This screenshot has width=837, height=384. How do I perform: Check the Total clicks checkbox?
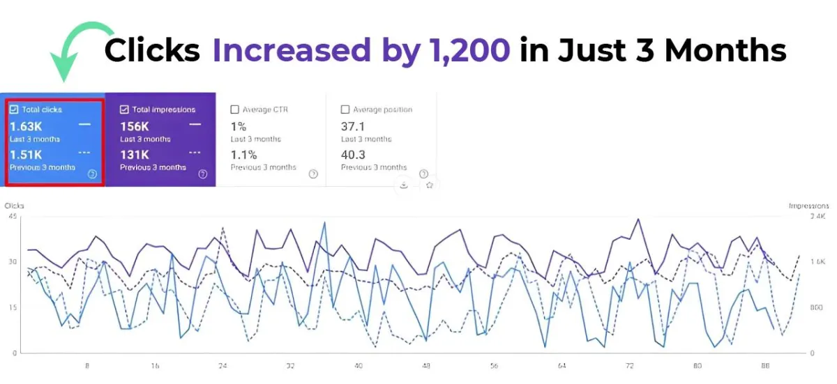[14, 109]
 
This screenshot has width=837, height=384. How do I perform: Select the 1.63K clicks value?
[26, 126]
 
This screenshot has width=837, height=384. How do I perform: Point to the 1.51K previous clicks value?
[26, 155]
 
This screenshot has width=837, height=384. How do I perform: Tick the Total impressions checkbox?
[124, 109]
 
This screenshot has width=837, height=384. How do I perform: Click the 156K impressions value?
[135, 126]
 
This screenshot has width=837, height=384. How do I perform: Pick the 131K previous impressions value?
[134, 155]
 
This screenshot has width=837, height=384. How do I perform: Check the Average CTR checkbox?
[234, 109]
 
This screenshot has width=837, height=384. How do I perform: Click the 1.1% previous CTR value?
[243, 155]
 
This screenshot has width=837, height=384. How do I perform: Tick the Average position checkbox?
[345, 109]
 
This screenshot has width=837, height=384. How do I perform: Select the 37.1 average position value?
[352, 126]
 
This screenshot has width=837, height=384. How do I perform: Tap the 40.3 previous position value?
[353, 155]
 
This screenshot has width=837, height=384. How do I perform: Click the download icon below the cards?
[404, 185]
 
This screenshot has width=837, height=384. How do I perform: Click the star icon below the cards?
[430, 185]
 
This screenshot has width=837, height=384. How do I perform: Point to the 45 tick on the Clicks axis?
[13, 217]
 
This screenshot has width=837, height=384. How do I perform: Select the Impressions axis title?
[808, 206]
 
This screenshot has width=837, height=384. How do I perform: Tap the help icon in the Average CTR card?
[313, 174]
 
